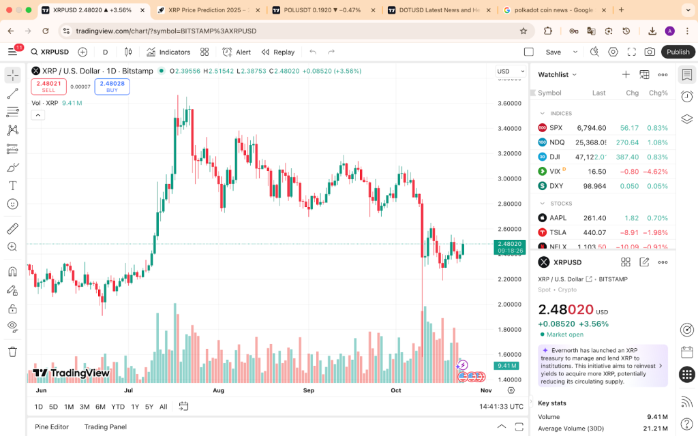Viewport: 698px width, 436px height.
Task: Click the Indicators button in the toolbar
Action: click(x=168, y=52)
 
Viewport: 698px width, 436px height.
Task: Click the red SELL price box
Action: click(x=48, y=87)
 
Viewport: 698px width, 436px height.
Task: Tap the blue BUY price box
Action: click(x=112, y=87)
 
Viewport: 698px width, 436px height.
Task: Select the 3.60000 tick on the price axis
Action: click(x=509, y=104)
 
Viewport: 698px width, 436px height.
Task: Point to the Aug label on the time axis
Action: click(x=219, y=390)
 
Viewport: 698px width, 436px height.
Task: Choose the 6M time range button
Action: click(x=100, y=407)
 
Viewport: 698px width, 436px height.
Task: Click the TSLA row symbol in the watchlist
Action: click(x=558, y=232)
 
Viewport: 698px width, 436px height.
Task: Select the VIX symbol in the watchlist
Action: click(x=555, y=172)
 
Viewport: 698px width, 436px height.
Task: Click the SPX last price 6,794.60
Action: click(x=591, y=128)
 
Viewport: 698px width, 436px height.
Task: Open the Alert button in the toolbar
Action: click(x=237, y=52)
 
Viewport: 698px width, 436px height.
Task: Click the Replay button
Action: click(x=277, y=52)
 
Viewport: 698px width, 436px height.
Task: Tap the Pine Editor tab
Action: click(x=52, y=426)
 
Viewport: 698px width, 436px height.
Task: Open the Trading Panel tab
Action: click(x=106, y=426)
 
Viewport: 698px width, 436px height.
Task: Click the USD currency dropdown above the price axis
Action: click(x=507, y=72)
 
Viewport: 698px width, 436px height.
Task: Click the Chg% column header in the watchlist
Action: click(x=658, y=93)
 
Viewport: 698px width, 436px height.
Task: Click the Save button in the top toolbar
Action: click(x=553, y=52)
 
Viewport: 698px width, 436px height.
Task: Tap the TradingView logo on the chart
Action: click(x=71, y=373)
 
